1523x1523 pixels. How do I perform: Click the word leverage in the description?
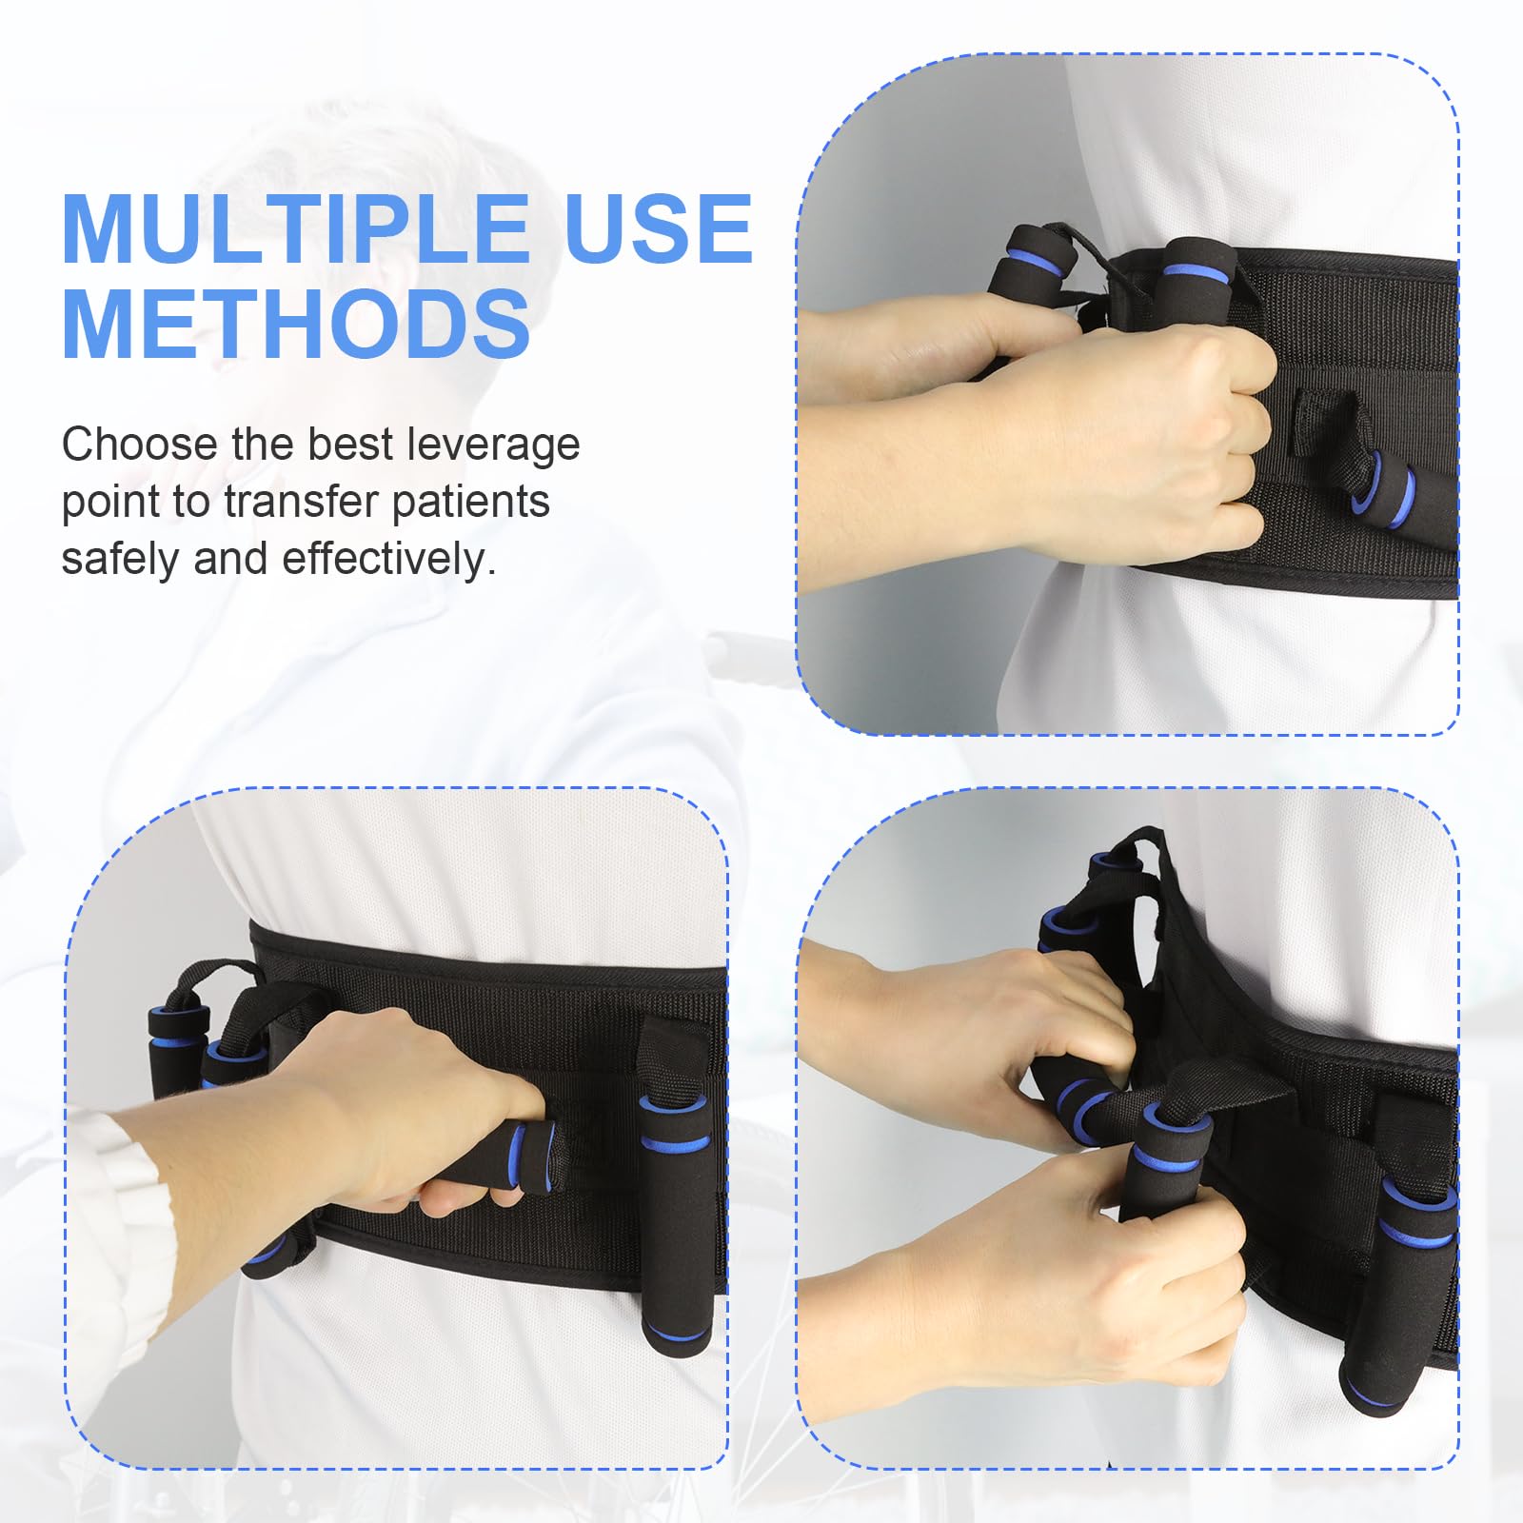493,445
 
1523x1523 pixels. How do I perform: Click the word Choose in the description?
139,445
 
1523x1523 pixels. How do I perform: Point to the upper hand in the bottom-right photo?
1028,1028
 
